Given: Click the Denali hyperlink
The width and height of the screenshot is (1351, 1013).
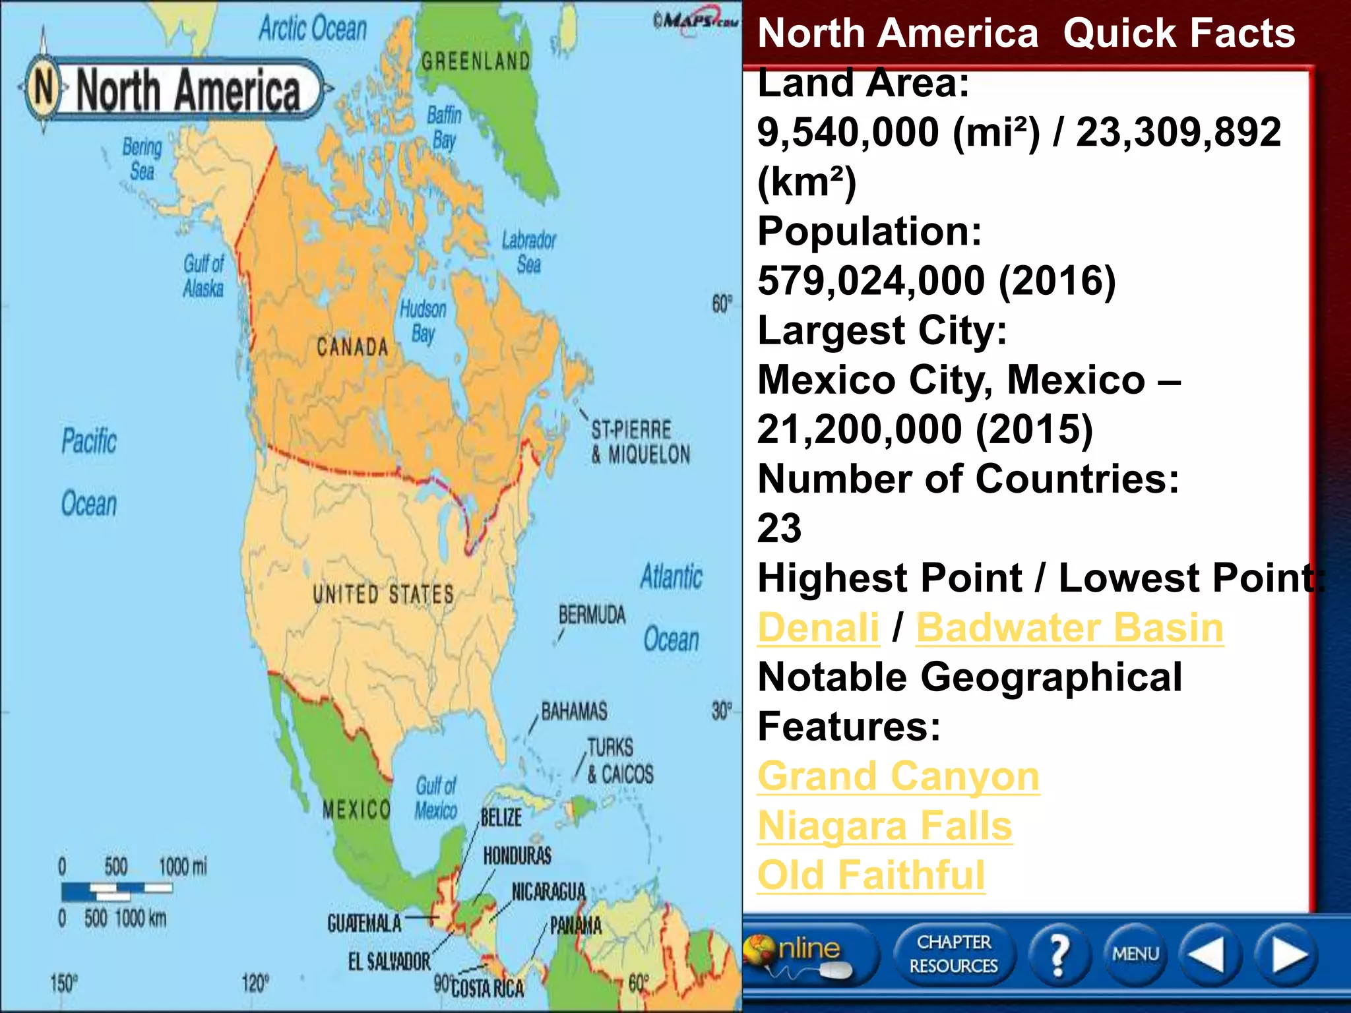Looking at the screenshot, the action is coord(818,627).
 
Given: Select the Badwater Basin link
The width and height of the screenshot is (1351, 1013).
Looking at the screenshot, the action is coord(1069,627).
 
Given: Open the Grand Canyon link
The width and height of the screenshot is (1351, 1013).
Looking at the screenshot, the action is coord(898,776).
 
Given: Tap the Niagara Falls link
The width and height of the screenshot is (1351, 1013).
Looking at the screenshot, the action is coord(885,826).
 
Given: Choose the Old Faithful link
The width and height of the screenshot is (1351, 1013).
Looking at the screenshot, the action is coord(871,875).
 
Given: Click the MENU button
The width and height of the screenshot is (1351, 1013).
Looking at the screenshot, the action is coord(1135,954).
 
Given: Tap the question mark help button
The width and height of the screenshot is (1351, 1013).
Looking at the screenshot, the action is coord(1058,954).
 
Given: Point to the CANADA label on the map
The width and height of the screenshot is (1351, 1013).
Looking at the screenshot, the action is coord(352,347).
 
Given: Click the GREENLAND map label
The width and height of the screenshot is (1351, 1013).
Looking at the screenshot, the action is coord(476,61).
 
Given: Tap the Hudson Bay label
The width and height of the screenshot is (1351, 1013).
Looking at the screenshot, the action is coord(423,321).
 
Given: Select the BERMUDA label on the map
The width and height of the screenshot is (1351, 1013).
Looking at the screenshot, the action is coord(592,615).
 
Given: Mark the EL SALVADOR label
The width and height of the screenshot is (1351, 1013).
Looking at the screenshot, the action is coord(389,962).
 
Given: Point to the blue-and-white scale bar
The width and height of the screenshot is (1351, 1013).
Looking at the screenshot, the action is coord(117,891).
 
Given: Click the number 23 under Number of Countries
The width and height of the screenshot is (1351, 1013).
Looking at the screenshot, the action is coord(779,528).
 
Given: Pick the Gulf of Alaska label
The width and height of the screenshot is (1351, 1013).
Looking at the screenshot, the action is coord(204,276).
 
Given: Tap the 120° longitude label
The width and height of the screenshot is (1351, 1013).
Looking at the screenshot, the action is coord(255,983).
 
